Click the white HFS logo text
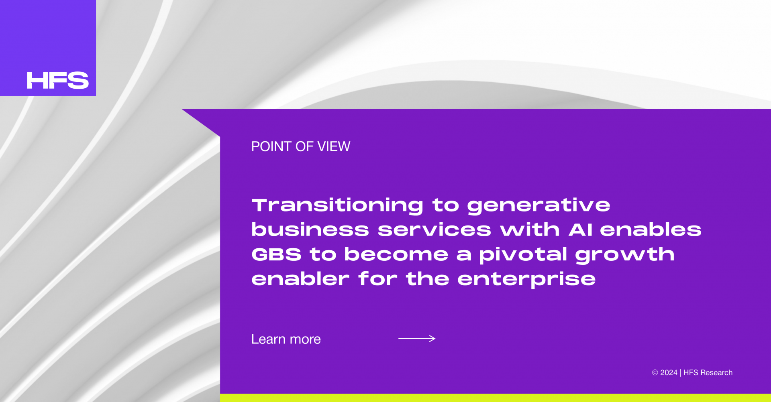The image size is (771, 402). (57, 80)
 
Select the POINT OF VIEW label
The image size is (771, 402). (301, 146)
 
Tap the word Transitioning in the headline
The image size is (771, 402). (337, 205)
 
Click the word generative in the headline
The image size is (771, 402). (538, 206)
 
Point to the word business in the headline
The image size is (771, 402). (310, 229)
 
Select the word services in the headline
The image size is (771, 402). (434, 229)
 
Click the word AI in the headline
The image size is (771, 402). (581, 230)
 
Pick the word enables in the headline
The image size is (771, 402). (651, 229)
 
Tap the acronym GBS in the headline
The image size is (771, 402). (276, 254)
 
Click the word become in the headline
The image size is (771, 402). (396, 254)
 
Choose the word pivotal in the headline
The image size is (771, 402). (523, 255)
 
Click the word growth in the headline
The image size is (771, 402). (625, 255)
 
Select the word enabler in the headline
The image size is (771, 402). (300, 278)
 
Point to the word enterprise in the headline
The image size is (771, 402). (526, 279)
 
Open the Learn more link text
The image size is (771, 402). (286, 339)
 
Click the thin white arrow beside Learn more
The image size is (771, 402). (417, 339)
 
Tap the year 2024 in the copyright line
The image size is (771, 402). (669, 373)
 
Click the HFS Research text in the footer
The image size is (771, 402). (708, 373)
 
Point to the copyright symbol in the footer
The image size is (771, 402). (655, 373)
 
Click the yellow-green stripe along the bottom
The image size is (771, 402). (496, 398)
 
